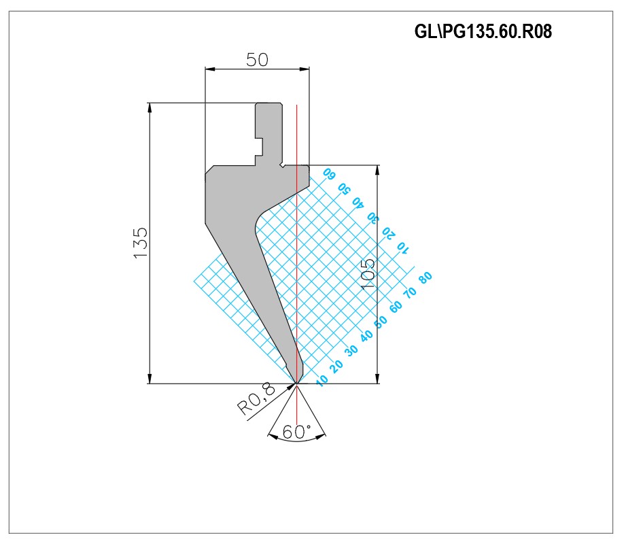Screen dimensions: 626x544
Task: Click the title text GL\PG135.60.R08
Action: (x=483, y=31)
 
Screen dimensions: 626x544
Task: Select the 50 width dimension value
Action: (x=257, y=60)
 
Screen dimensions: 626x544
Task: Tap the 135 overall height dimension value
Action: (x=141, y=243)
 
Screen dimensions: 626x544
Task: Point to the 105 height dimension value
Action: (x=367, y=274)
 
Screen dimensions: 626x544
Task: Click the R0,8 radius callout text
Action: (x=256, y=398)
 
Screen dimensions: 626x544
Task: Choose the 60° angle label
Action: (x=296, y=432)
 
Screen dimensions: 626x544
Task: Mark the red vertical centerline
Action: (x=296, y=244)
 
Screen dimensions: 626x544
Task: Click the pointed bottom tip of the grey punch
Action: (x=296, y=383)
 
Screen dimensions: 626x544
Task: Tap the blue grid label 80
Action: (x=426, y=277)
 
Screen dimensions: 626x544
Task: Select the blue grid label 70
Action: (x=411, y=292)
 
